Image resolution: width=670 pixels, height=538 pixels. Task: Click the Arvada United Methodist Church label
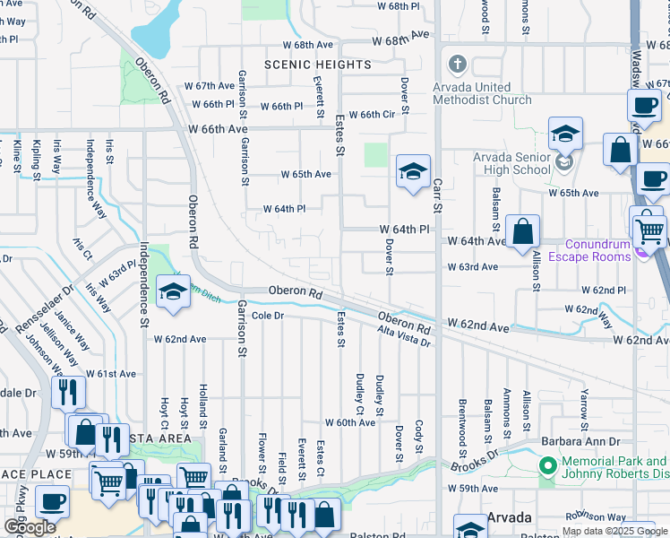(x=482, y=93)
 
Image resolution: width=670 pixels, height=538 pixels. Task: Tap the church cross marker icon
(x=458, y=65)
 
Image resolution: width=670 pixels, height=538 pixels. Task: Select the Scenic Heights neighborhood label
(x=318, y=65)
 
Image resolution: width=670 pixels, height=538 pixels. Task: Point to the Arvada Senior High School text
(x=511, y=163)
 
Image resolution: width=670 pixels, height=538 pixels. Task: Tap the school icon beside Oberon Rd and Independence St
(x=173, y=291)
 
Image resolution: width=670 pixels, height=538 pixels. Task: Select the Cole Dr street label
(x=267, y=316)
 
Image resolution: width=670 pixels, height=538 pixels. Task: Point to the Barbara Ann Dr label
(x=580, y=441)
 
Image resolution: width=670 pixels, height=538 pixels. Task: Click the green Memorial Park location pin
(x=547, y=466)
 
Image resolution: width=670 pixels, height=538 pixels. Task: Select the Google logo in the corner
(x=30, y=527)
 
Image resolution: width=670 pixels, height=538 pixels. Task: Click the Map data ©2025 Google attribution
(x=614, y=531)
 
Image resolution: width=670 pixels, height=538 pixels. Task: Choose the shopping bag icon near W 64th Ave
(x=522, y=232)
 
